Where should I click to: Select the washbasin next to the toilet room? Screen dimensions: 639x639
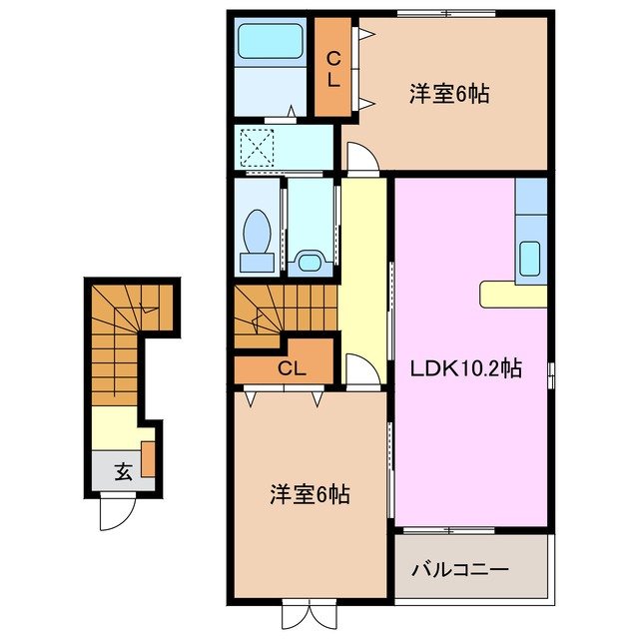pyautogui.click(x=313, y=262)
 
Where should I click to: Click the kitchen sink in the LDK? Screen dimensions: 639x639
pyautogui.click(x=531, y=262)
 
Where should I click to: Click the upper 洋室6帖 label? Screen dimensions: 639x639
pyautogui.click(x=447, y=95)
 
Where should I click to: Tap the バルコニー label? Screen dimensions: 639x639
pyautogui.click(x=460, y=569)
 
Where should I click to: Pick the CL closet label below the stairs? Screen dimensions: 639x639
pyautogui.click(x=291, y=368)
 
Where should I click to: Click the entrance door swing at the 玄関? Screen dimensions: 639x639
pyautogui.click(x=115, y=511)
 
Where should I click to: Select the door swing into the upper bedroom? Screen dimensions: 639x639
pyautogui.click(x=361, y=156)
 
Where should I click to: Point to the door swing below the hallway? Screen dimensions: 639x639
pyautogui.click(x=362, y=367)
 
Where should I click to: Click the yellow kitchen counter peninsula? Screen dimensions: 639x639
pyautogui.click(x=512, y=295)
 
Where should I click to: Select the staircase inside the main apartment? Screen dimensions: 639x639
pyautogui.click(x=285, y=315)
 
